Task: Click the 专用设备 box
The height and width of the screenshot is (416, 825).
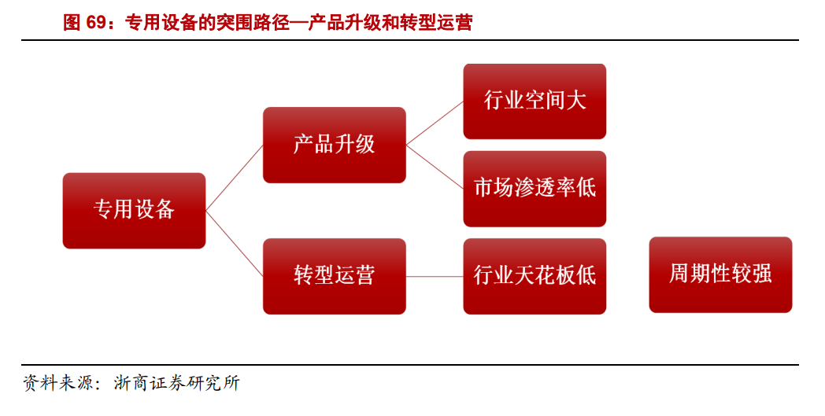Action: (134, 210)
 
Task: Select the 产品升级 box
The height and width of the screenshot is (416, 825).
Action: (334, 145)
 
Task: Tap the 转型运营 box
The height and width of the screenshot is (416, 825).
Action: (334, 276)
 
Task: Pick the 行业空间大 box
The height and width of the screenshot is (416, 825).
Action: (535, 101)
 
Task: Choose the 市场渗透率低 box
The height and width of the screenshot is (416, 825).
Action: (535, 189)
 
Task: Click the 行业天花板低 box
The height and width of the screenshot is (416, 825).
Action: (535, 276)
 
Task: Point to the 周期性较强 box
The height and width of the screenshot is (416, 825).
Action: (720, 274)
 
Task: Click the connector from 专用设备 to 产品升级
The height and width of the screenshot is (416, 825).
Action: (235, 178)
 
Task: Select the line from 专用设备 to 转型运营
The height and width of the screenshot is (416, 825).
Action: (235, 243)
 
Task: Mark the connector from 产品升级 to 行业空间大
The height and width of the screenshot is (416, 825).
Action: (435, 123)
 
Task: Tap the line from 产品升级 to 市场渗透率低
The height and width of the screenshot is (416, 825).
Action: (435, 167)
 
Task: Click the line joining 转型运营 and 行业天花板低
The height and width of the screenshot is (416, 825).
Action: (435, 276)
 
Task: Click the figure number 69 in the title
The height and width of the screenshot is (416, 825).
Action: (96, 23)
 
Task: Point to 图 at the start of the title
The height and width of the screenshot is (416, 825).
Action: (72, 23)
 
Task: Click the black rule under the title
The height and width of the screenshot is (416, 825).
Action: (409, 41)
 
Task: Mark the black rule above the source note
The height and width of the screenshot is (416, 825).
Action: (409, 365)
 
